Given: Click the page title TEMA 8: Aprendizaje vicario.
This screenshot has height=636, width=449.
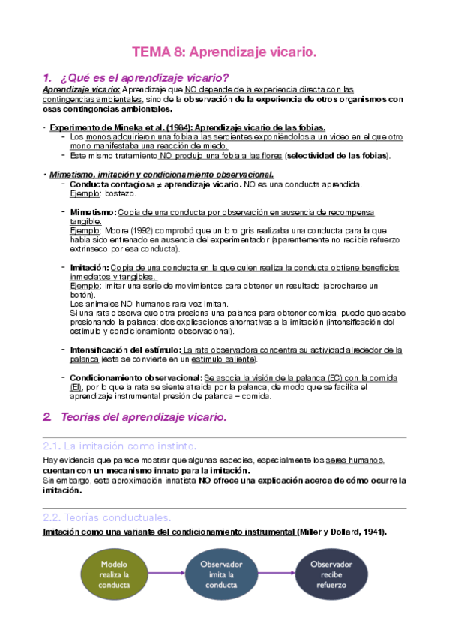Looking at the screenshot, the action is click(x=225, y=52).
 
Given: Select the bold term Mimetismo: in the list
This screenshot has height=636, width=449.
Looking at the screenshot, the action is click(x=93, y=212).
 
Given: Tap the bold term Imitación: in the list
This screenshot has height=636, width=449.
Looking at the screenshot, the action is click(x=88, y=267).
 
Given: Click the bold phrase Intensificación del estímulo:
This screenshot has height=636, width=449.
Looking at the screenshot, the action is click(x=124, y=349).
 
